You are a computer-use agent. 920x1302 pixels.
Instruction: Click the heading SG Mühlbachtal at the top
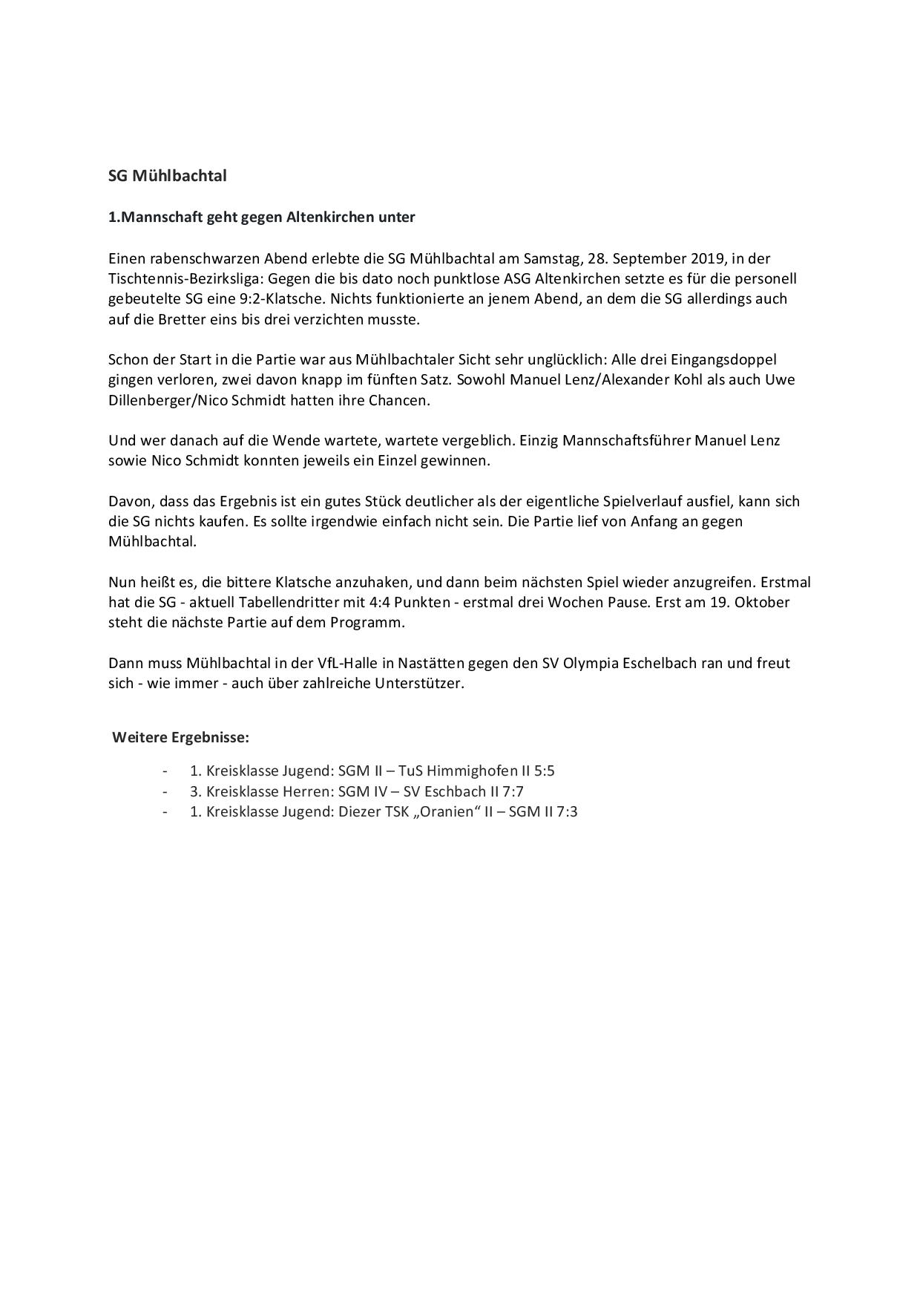click(x=167, y=176)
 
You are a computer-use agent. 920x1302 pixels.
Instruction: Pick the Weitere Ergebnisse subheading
click(x=180, y=737)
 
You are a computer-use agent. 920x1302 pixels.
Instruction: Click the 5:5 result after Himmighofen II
click(x=544, y=771)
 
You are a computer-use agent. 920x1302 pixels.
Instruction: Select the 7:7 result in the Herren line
click(x=513, y=791)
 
